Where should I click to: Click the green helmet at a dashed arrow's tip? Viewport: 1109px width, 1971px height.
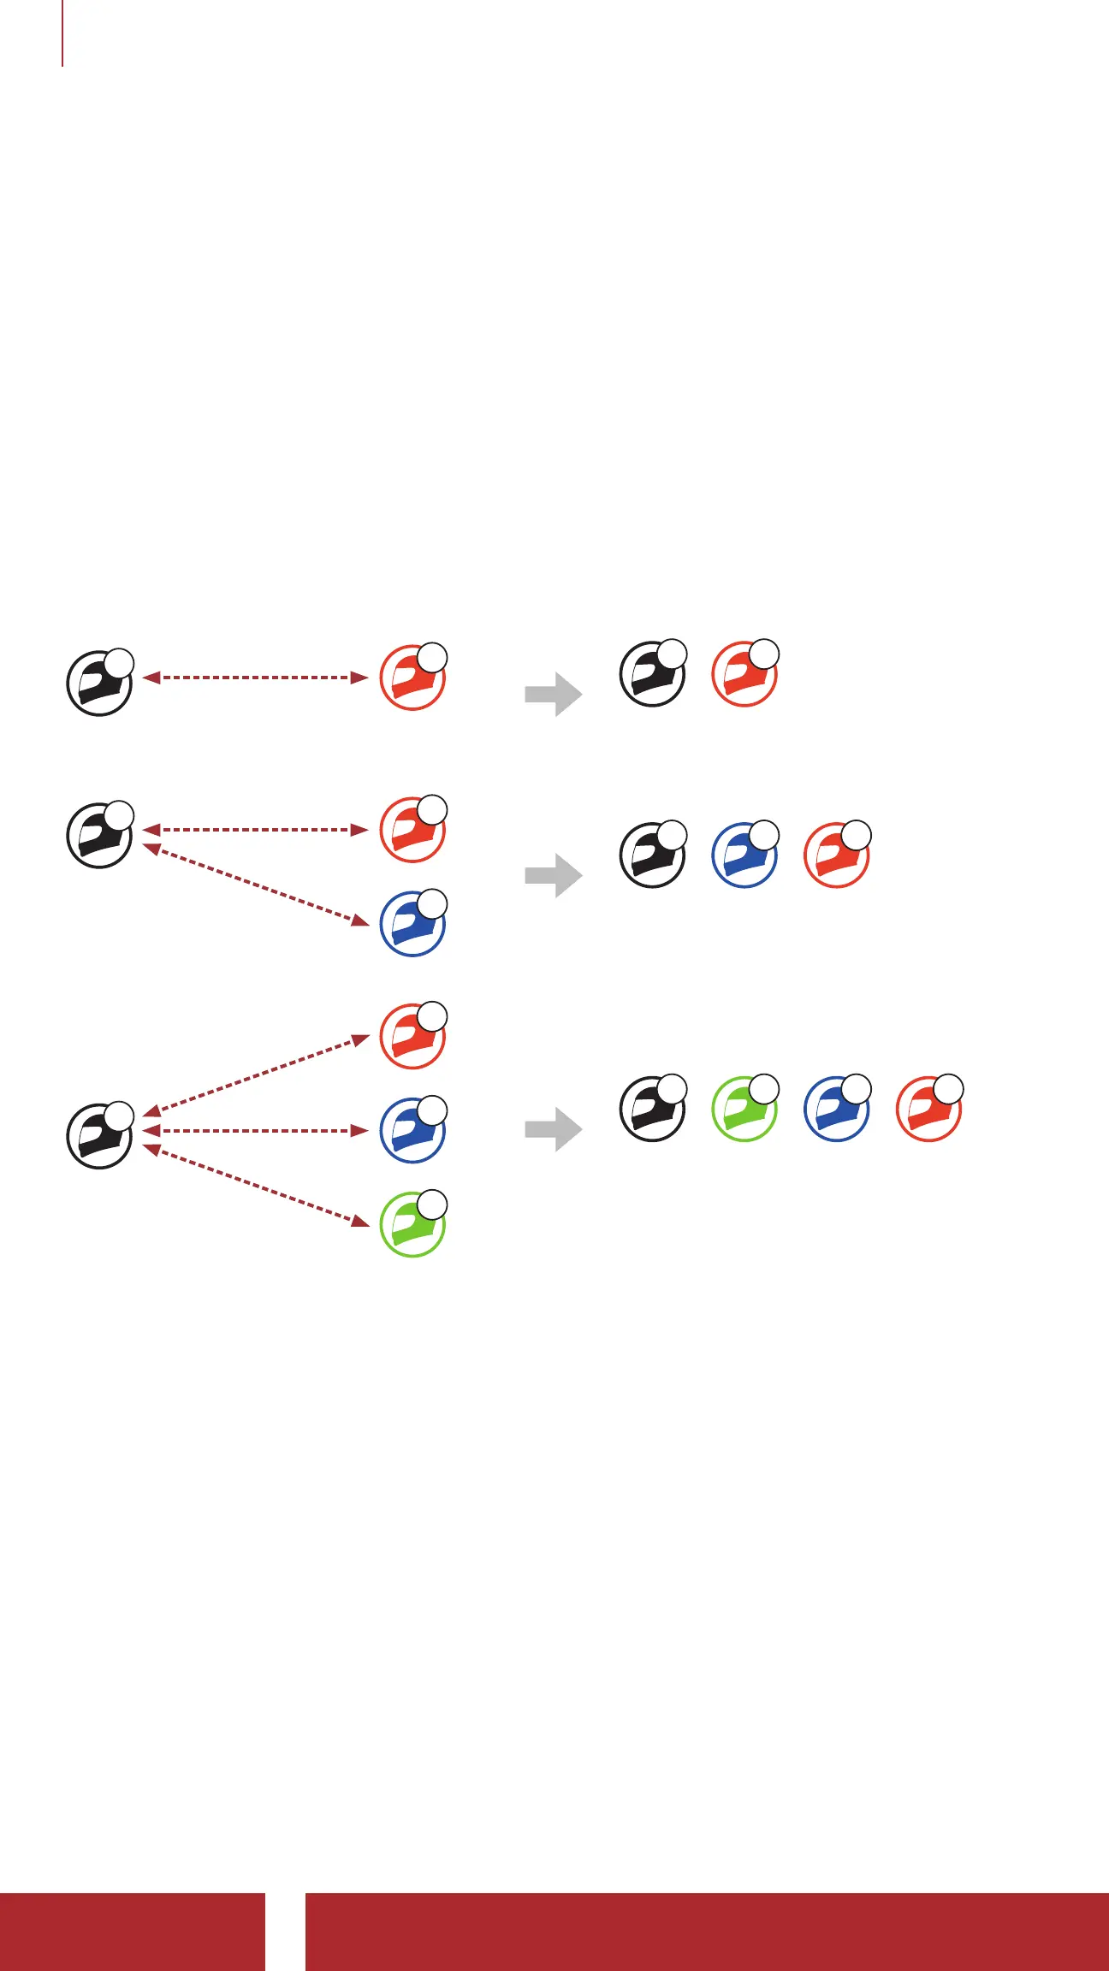pos(412,1223)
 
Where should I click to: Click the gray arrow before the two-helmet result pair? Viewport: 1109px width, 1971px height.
pos(554,694)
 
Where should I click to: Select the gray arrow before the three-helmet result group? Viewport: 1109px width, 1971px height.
pos(554,875)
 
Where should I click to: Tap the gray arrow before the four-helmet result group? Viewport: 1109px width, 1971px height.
pos(554,1129)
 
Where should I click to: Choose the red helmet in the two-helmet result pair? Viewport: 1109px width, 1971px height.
pos(744,674)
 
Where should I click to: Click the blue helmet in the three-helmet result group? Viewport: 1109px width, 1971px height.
pos(744,855)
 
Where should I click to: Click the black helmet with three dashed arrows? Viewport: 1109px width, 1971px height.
pos(99,1136)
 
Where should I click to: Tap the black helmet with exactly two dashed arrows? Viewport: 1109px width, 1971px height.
pos(99,835)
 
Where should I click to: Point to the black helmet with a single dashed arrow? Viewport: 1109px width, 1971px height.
pos(99,684)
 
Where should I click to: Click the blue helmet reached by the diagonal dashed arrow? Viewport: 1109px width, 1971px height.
pos(412,924)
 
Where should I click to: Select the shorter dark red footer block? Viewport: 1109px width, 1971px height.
pos(132,1932)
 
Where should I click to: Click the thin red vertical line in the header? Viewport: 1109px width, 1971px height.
pos(62,33)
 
